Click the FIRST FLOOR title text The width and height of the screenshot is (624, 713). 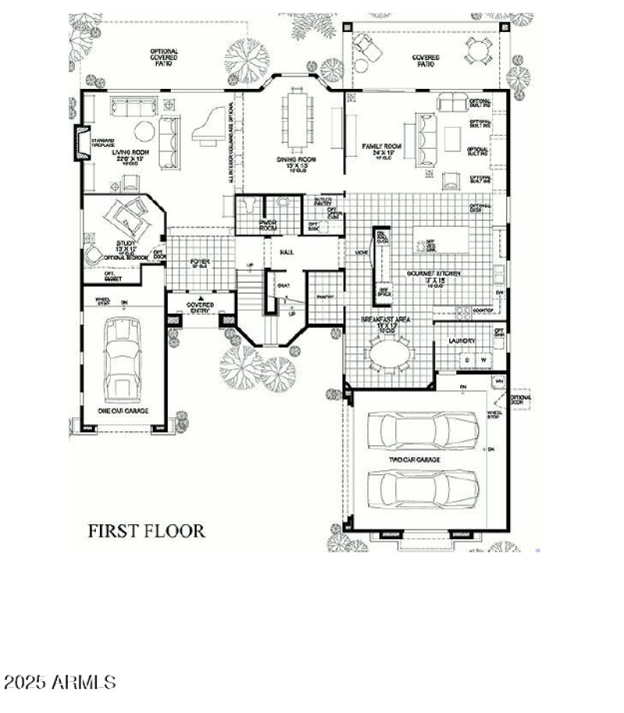click(146, 531)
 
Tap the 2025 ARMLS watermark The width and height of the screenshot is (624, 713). click(60, 683)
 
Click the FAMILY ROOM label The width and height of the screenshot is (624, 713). click(381, 147)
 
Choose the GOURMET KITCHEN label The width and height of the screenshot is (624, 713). click(434, 274)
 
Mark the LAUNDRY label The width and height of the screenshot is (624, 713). click(462, 341)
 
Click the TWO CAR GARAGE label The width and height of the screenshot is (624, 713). click(416, 459)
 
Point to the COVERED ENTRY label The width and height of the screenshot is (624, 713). click(200, 307)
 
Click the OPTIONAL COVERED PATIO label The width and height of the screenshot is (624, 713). click(163, 57)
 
